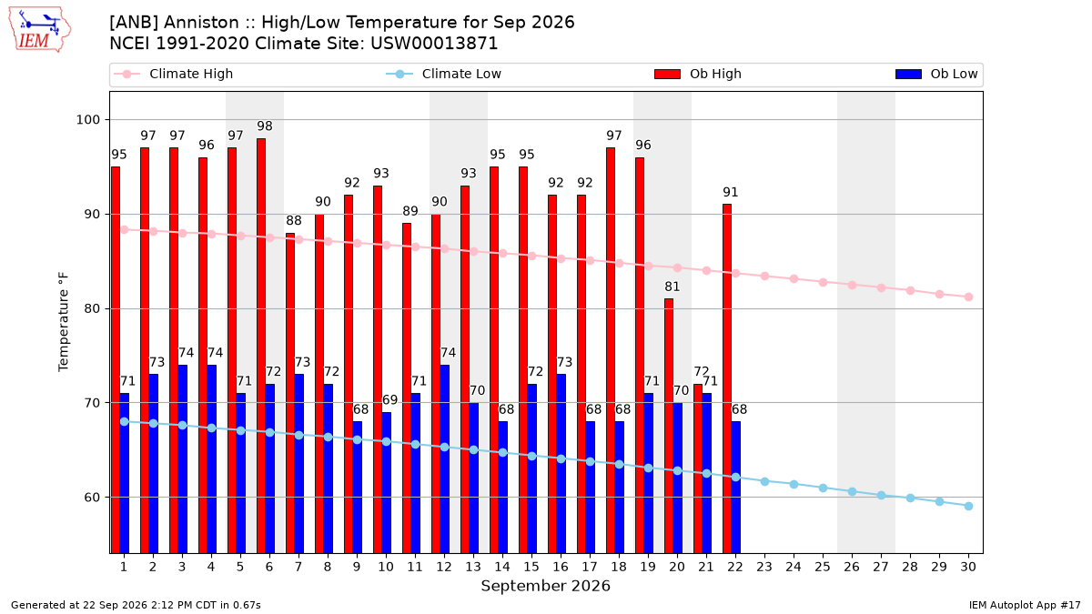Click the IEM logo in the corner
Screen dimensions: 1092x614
point(39,30)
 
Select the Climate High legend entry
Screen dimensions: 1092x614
point(174,74)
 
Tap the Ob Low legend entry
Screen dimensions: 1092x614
point(936,74)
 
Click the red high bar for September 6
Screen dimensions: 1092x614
point(261,346)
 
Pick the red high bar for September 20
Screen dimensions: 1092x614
point(669,427)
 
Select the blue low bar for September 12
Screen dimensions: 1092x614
point(445,459)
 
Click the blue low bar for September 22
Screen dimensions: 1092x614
point(735,488)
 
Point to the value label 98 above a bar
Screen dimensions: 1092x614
point(265,126)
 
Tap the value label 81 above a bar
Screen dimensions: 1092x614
point(672,287)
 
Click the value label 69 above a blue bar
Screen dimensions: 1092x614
point(389,400)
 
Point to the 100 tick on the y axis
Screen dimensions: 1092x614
point(87,120)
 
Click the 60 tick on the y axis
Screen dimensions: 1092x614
point(92,498)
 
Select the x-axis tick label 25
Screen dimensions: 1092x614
point(823,567)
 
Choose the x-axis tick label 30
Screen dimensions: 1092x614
point(968,567)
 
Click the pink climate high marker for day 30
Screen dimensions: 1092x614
point(968,297)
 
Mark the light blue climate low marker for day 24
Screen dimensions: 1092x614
point(794,484)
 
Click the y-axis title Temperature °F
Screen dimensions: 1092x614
point(64,322)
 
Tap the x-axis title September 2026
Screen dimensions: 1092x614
point(545,586)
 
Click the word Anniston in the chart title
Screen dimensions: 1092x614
point(201,23)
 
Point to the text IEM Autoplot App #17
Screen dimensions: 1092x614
point(1025,605)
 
